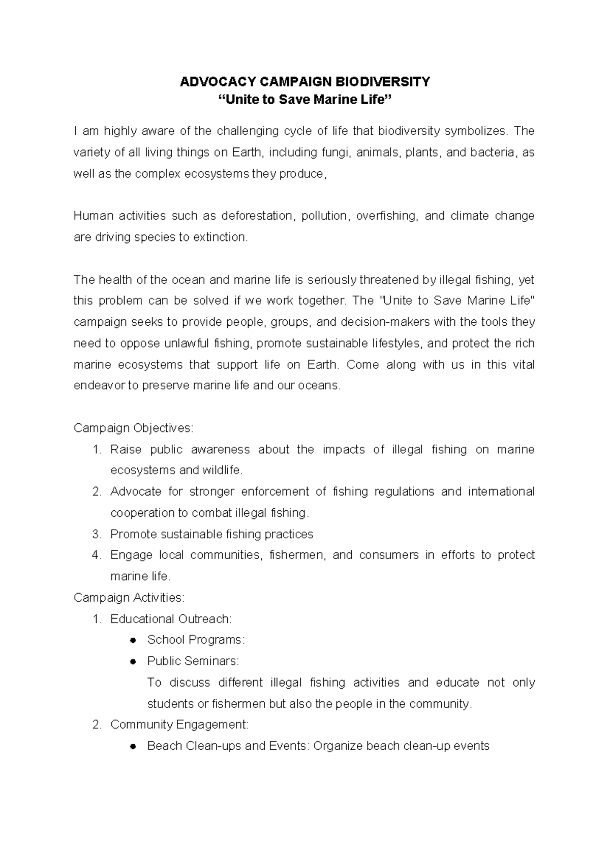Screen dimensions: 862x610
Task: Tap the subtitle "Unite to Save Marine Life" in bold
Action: point(305,100)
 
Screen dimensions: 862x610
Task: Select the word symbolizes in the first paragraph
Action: point(475,131)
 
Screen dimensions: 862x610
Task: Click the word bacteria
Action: point(493,152)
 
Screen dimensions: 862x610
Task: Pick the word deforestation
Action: point(257,216)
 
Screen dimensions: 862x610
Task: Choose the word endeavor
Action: point(99,386)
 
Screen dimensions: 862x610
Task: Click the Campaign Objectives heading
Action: point(133,428)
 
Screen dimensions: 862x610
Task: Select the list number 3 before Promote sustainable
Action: point(97,534)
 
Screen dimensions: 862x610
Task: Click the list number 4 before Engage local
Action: point(97,555)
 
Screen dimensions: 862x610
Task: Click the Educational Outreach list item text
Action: point(171,619)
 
